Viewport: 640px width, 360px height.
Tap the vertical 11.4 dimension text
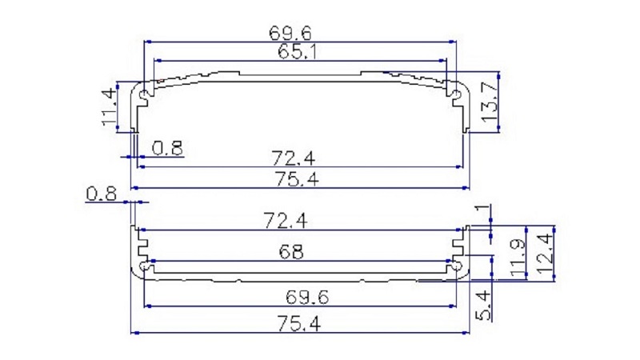click(107, 106)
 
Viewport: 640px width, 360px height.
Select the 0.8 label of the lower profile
click(102, 194)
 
